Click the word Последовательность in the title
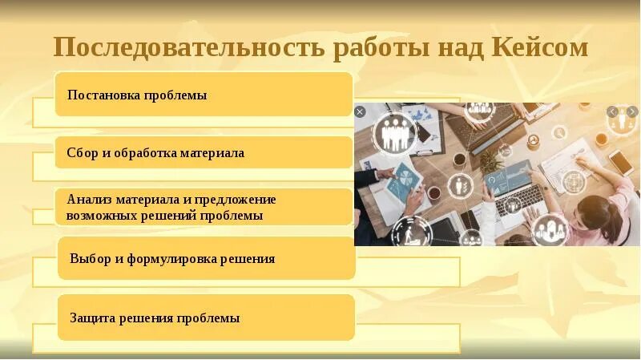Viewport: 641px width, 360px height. click(188, 48)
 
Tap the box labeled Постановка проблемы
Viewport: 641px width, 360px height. click(204, 95)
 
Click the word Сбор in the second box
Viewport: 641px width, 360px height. click(82, 152)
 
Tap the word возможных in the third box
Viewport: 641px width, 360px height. click(102, 215)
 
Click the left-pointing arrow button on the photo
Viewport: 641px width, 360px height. click(612, 112)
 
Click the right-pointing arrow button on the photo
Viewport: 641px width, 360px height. click(631, 112)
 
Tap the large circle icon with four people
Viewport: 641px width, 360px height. click(393, 131)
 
